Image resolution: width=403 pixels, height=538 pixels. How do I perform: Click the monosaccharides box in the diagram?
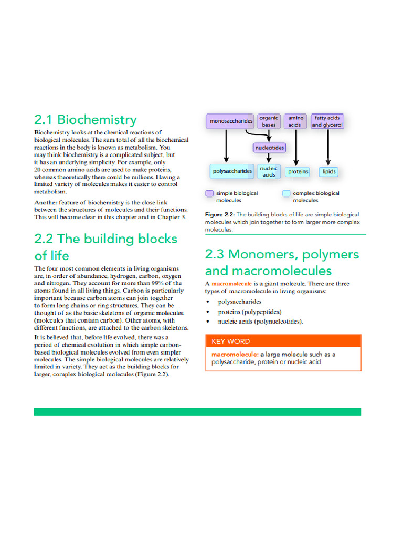click(x=231, y=121)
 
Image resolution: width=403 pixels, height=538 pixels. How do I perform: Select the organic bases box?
click(x=269, y=121)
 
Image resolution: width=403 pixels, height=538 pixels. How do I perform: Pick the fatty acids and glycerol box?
click(x=327, y=121)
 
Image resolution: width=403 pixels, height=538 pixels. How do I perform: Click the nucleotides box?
click(x=269, y=148)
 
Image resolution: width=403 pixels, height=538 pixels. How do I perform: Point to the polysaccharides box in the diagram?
click(x=232, y=171)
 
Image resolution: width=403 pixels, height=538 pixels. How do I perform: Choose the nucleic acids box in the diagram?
click(x=269, y=171)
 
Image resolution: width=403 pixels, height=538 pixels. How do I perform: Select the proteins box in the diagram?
click(x=298, y=172)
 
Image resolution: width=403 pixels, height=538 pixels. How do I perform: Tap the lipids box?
click(x=329, y=172)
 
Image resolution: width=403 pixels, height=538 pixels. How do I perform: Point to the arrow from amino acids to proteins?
click(x=296, y=147)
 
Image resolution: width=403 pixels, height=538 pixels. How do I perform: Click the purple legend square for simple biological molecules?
click(x=209, y=193)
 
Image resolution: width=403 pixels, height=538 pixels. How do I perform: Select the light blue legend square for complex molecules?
click(x=286, y=193)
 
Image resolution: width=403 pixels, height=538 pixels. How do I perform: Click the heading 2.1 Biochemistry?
click(x=85, y=120)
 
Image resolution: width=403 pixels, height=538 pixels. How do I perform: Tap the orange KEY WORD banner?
click(x=283, y=341)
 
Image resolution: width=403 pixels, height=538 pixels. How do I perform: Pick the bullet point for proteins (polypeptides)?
click(x=208, y=312)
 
